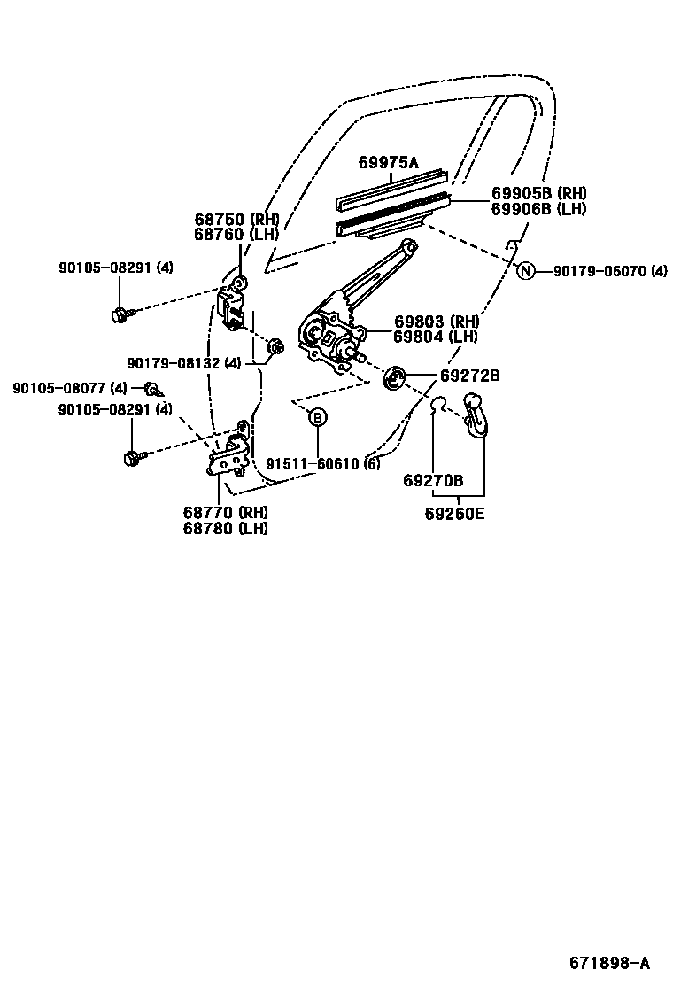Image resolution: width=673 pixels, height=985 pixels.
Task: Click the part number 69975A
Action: [x=387, y=163]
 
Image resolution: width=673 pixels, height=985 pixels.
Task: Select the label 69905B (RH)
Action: [x=539, y=194]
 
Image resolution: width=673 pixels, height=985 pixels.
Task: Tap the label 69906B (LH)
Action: [x=539, y=209]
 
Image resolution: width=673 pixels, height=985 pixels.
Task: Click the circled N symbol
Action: [x=526, y=271]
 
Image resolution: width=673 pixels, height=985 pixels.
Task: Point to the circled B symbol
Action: [x=317, y=417]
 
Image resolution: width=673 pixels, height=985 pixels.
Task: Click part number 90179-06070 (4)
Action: [x=610, y=271]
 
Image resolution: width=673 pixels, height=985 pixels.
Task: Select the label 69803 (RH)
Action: [x=436, y=322]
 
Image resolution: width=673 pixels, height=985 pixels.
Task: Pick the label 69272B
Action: [x=470, y=376]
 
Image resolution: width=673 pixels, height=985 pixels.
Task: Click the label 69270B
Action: [x=433, y=480]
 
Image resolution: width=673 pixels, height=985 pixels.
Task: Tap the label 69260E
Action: [x=454, y=514]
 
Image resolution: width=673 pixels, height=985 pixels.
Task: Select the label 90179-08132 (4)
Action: [x=183, y=362]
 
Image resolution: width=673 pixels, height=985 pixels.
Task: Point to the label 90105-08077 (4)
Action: [x=70, y=388]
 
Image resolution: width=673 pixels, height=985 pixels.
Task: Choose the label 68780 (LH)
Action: [x=226, y=528]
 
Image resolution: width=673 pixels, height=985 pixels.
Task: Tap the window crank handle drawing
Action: [x=475, y=415]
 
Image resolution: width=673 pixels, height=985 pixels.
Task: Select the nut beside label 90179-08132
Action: [x=274, y=345]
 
